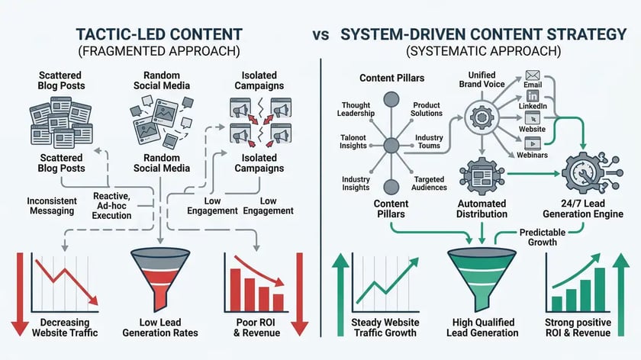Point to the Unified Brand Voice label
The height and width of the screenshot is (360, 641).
[x=476, y=79]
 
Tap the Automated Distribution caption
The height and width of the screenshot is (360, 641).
[x=481, y=209]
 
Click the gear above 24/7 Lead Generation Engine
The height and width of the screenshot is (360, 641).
[x=585, y=172]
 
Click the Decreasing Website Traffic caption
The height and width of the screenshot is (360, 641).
[x=64, y=327]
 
